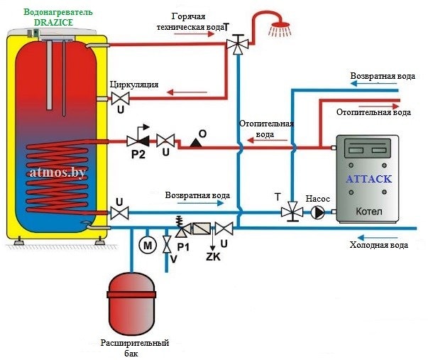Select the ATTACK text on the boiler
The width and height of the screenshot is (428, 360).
click(368, 179)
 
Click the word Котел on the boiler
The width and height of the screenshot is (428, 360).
click(368, 211)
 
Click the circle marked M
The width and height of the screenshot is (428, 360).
click(148, 245)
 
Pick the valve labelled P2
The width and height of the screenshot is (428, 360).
click(136, 140)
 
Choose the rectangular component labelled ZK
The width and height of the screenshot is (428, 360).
click(205, 229)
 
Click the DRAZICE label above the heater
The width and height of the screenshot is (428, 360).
click(53, 23)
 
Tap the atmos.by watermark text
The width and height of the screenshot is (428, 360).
click(60, 172)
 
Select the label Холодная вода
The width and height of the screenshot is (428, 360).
click(379, 245)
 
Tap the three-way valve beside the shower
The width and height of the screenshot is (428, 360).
click(235, 45)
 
